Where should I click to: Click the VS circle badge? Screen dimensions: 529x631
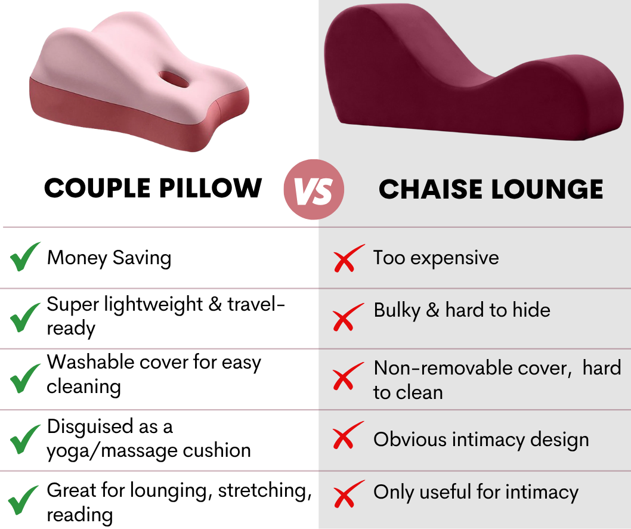(x=314, y=190)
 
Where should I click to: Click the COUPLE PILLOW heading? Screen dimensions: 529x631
(x=153, y=188)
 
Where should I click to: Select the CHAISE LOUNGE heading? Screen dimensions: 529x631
(x=491, y=190)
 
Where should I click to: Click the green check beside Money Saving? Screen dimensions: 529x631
(x=24, y=257)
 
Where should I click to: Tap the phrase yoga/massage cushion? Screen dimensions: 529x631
(x=149, y=450)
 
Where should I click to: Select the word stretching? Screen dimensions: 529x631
(x=265, y=490)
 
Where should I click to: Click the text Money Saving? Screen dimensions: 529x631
(x=109, y=258)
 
